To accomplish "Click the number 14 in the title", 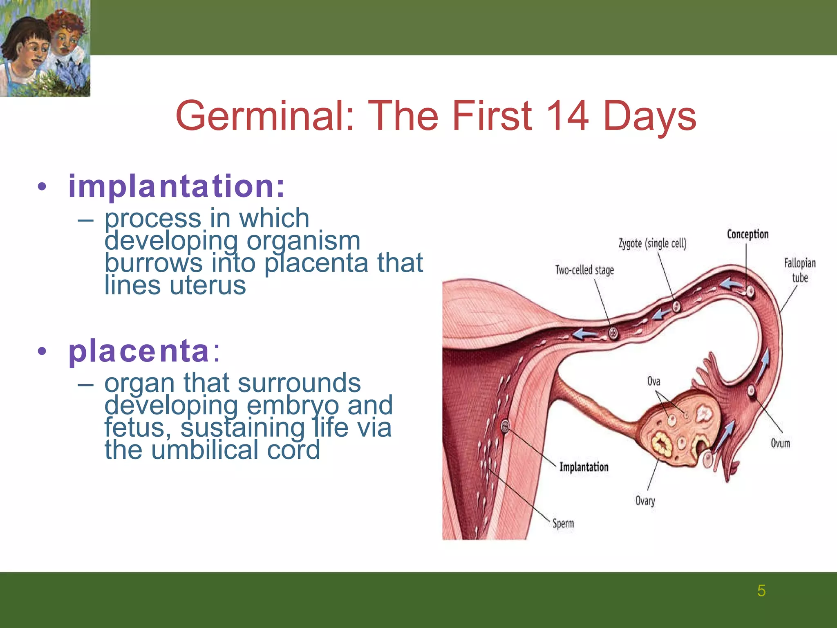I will [x=567, y=116].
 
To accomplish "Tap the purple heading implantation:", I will [x=176, y=186].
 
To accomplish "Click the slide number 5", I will [x=761, y=591].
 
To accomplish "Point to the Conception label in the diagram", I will [x=747, y=234].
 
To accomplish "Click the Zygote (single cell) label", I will [x=652, y=244].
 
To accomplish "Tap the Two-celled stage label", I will [x=584, y=270].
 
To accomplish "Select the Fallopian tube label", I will [x=799, y=270].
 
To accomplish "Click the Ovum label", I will [x=780, y=443].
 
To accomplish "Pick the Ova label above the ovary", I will [x=653, y=381].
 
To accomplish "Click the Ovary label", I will [x=645, y=500].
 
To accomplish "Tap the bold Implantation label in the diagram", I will [x=584, y=467].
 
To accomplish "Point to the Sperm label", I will [x=563, y=523].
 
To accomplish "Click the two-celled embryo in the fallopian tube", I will [x=613, y=333].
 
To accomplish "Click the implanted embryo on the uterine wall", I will [x=505, y=427].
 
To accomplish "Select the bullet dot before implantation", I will [x=42, y=187].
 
